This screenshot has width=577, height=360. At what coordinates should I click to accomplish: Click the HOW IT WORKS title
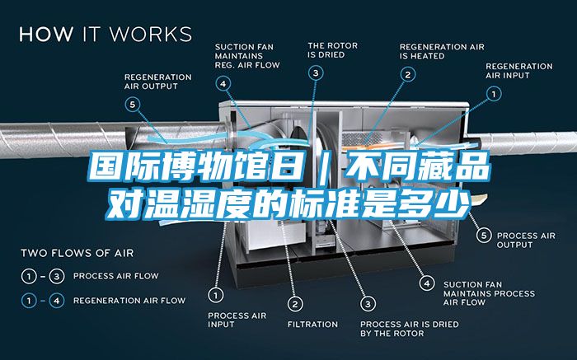pyautogui.click(x=106, y=35)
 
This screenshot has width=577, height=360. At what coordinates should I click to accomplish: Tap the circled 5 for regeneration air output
pyautogui.click(x=133, y=105)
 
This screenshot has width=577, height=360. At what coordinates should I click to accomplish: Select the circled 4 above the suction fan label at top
pyautogui.click(x=223, y=84)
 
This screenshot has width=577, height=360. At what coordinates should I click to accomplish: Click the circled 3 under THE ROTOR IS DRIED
pyautogui.click(x=316, y=72)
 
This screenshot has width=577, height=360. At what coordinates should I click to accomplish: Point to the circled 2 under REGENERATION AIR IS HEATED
pyautogui.click(x=408, y=75)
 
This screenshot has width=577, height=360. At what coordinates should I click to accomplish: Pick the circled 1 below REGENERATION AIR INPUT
pyautogui.click(x=494, y=94)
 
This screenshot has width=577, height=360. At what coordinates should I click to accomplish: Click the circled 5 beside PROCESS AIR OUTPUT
pyautogui.click(x=484, y=236)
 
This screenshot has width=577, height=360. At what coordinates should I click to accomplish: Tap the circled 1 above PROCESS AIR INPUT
pyautogui.click(x=216, y=295)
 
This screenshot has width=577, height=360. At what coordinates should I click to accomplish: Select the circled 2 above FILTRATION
pyautogui.click(x=295, y=304)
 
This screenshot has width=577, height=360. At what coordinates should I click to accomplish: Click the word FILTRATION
pyautogui.click(x=312, y=325)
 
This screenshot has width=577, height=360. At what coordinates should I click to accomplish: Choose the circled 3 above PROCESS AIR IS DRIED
pyautogui.click(x=368, y=304)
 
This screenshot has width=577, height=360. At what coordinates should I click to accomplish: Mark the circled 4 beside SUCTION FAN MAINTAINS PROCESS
pyautogui.click(x=427, y=283)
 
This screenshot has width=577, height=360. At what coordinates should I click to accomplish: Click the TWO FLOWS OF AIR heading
pyautogui.click(x=77, y=253)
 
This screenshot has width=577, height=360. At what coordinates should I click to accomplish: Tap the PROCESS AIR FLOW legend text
pyautogui.click(x=116, y=276)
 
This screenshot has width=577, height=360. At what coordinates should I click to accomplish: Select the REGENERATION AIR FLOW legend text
pyautogui.click(x=129, y=301)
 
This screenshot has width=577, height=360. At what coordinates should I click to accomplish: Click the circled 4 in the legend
pyautogui.click(x=57, y=301)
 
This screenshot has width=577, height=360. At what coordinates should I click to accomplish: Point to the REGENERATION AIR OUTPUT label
pyautogui.click(x=158, y=82)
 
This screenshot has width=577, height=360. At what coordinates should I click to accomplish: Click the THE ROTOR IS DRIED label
pyautogui.click(x=333, y=50)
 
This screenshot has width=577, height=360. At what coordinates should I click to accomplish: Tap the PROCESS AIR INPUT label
pyautogui.click(x=237, y=320)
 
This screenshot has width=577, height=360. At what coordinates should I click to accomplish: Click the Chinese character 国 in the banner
pyautogui.click(x=106, y=168)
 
